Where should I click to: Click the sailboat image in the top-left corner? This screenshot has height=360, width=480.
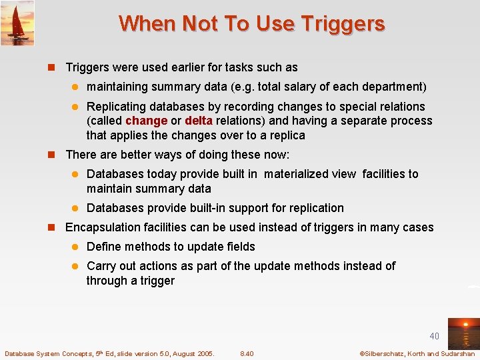17,23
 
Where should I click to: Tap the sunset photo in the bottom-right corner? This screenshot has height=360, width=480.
463,333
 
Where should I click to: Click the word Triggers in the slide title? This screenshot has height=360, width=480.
343,24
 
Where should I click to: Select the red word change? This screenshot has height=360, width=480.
146,121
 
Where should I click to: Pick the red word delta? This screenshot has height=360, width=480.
199,121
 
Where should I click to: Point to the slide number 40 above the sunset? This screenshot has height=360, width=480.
434,336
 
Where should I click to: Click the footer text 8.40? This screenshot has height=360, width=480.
247,353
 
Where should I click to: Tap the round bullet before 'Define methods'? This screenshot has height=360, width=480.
75,247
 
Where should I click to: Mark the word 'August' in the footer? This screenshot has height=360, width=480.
183,353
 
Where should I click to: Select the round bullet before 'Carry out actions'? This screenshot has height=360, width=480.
75,266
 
